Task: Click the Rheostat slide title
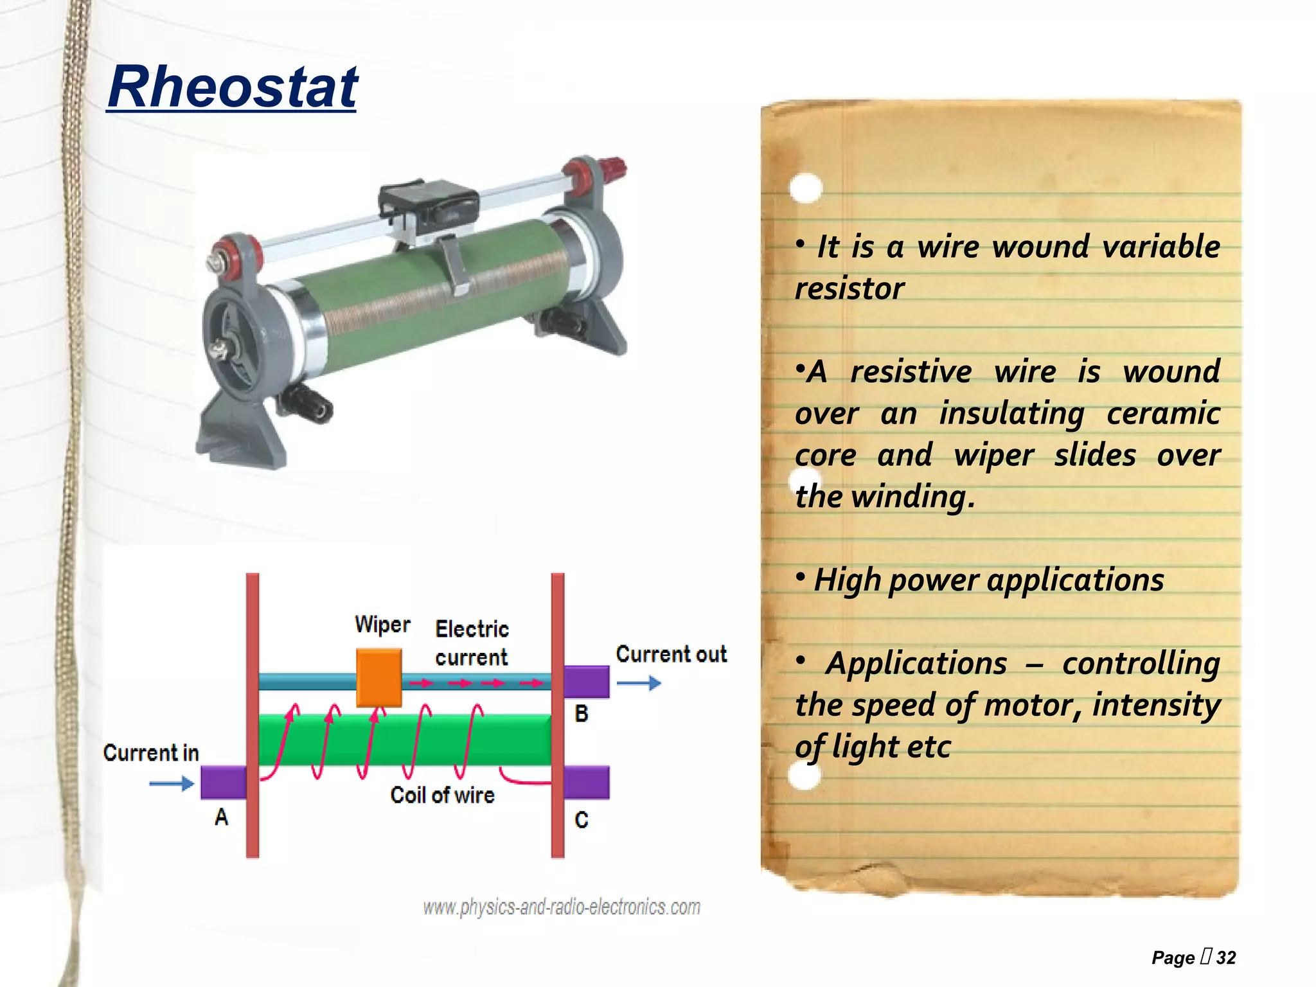232,87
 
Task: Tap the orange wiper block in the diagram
379,677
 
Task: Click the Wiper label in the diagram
382,625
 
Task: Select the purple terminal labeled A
223,782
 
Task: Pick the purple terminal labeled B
587,682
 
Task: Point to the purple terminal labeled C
587,782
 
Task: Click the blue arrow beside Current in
172,783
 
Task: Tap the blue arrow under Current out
639,683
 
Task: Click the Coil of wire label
442,796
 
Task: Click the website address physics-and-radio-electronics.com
561,907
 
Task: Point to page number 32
1225,957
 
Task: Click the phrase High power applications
988,580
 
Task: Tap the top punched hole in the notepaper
805,188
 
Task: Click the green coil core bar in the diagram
405,739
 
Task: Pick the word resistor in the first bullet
849,289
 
